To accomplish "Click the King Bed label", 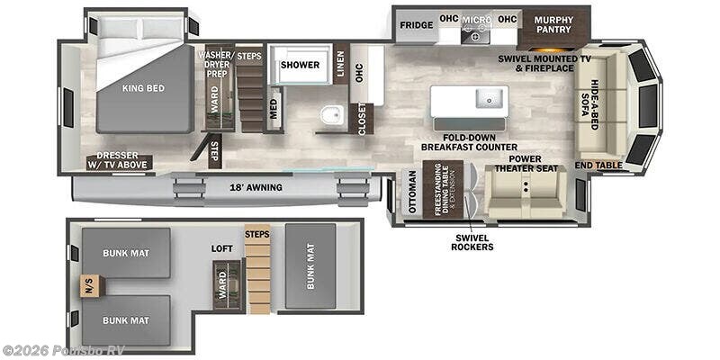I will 143,88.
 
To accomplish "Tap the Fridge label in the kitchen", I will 416,24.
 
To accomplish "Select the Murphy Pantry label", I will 553,24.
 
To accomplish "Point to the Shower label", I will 300,65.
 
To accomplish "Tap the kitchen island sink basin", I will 492,97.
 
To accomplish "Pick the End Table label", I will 598,165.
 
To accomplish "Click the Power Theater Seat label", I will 525,163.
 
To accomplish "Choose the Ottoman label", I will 412,190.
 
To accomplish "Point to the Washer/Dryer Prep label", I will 217,65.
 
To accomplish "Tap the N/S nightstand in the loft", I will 87,289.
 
